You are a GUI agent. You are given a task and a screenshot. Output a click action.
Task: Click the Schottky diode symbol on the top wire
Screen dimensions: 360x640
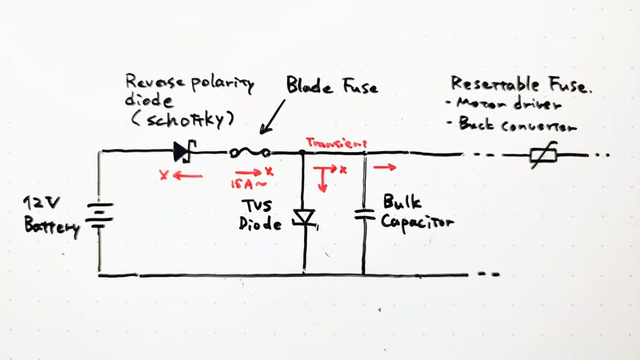[x=184, y=150]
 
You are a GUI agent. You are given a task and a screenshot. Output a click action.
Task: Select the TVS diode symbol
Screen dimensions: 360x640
[x=305, y=217]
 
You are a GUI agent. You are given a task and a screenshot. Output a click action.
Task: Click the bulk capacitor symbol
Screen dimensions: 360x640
[x=364, y=214]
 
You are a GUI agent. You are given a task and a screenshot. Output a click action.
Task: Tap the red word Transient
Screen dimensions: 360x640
[x=331, y=142]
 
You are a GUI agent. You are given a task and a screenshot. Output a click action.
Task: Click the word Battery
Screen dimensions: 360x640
[x=52, y=226]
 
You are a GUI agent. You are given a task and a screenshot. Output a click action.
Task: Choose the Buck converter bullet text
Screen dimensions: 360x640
[x=517, y=125]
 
